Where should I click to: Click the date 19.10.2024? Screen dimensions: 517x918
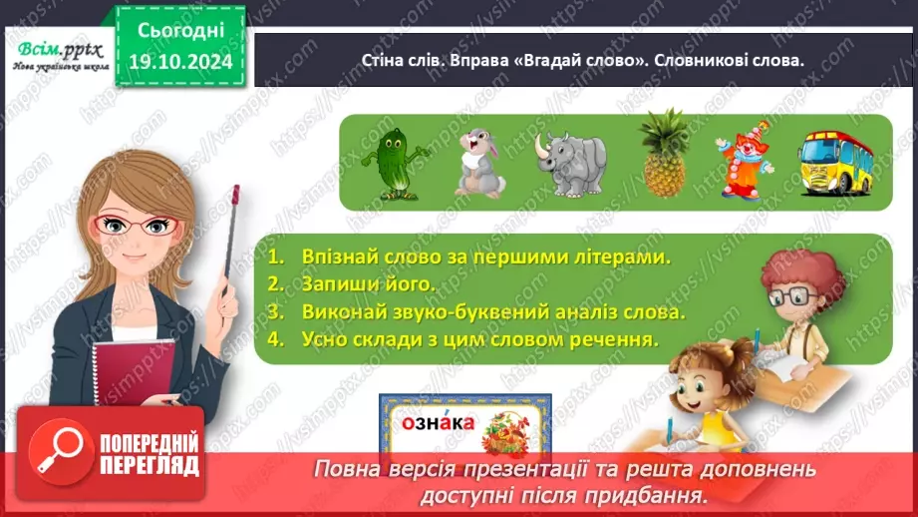tap(181, 61)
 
